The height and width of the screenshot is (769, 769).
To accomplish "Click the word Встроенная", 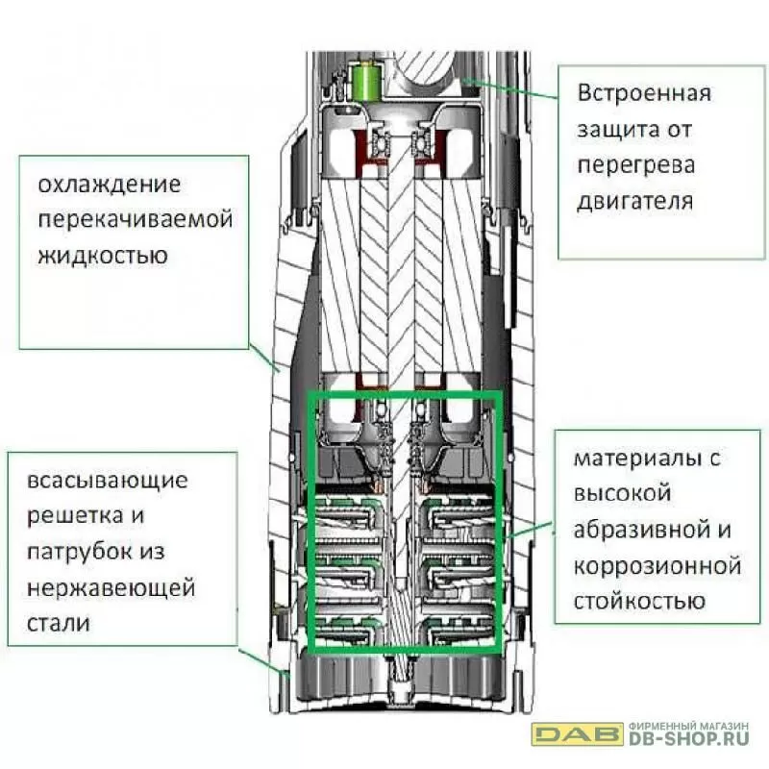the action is (x=644, y=93).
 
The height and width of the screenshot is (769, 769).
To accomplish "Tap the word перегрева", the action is (x=636, y=165).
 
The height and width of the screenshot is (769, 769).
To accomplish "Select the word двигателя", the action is (x=634, y=201).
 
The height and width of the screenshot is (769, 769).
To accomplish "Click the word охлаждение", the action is (x=110, y=185).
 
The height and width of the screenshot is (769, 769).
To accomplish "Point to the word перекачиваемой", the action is (x=136, y=220).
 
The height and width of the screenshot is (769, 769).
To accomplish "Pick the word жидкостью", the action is (x=103, y=255).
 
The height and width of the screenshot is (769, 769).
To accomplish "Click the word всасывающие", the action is (x=108, y=482).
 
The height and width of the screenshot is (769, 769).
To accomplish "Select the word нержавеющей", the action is (x=111, y=588).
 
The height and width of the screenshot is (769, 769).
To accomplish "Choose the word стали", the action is (x=59, y=623).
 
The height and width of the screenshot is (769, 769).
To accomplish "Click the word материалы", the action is (x=637, y=459).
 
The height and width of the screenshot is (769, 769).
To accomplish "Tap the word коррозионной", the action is (x=657, y=566).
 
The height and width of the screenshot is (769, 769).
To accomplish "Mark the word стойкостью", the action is (x=639, y=601).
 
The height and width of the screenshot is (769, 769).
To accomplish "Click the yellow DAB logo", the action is (x=578, y=733).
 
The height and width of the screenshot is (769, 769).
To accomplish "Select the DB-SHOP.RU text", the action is (x=688, y=738).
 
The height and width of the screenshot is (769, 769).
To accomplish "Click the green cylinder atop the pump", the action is (x=366, y=82).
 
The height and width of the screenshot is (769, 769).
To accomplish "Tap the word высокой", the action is (x=622, y=494).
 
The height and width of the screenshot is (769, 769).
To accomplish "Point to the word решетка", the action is (x=75, y=517).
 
